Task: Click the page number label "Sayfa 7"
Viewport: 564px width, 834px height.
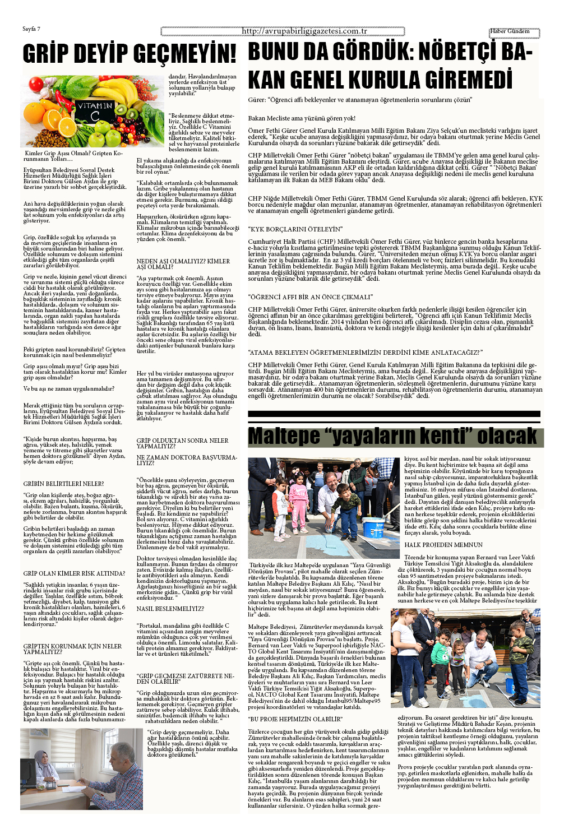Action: click(31, 29)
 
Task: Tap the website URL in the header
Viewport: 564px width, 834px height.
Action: click(304, 31)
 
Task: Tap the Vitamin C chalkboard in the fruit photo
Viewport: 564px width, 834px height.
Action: click(95, 110)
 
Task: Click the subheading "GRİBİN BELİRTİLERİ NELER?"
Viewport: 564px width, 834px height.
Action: click(63, 484)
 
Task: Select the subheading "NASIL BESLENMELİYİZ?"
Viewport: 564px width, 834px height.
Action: click(170, 608)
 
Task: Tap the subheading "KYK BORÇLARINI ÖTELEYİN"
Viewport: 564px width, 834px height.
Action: click(295, 229)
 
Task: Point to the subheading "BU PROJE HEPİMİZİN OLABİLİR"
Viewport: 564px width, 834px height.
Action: click(295, 719)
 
